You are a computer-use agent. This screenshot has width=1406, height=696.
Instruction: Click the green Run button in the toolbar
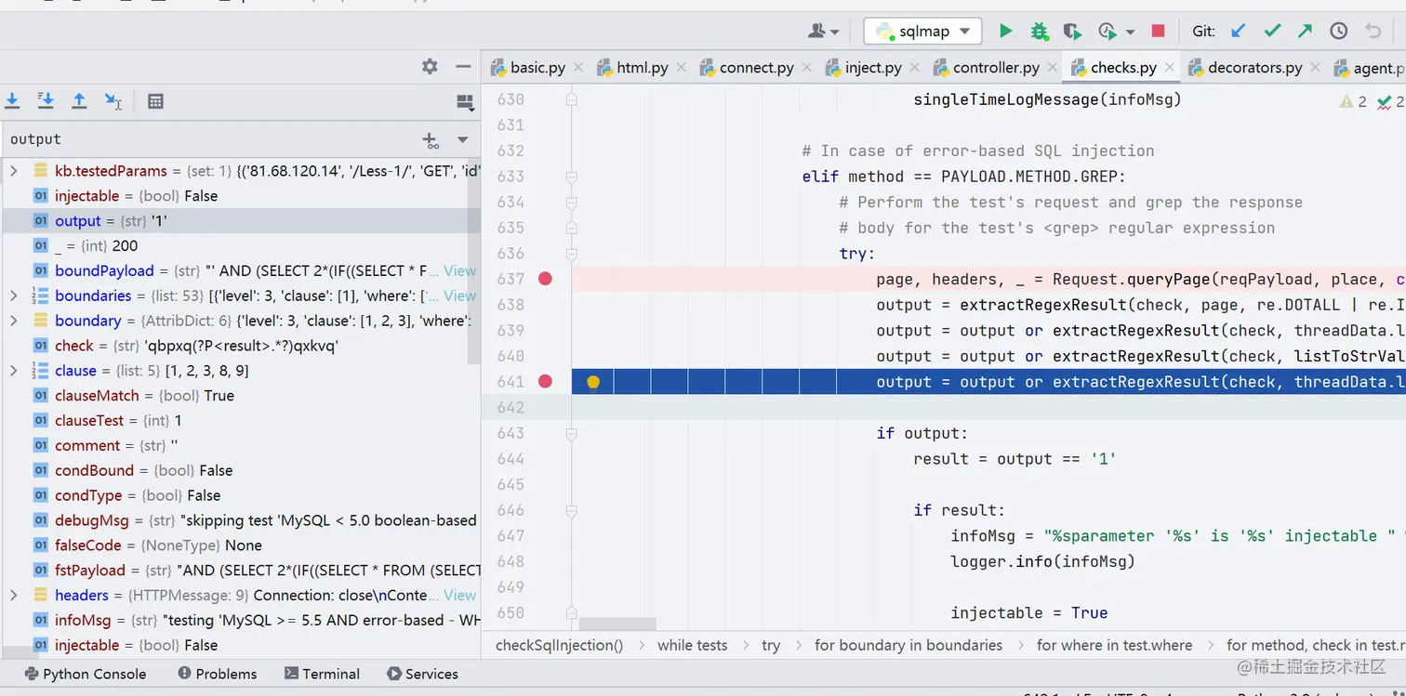point(1005,32)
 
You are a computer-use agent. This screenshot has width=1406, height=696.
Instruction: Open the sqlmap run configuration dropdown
point(922,32)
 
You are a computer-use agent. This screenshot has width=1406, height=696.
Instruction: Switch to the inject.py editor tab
point(872,68)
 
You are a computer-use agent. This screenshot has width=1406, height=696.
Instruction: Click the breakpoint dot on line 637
point(546,279)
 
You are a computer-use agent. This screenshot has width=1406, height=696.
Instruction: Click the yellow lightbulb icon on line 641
point(593,382)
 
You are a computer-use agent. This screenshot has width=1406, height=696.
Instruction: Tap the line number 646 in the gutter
point(510,510)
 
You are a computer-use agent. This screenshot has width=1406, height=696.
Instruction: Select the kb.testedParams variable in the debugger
point(111,171)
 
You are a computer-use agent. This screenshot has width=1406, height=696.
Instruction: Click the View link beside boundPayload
point(459,271)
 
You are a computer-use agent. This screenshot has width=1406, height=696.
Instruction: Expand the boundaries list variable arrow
point(13,296)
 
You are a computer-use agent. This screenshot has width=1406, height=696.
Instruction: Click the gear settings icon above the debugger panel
point(430,67)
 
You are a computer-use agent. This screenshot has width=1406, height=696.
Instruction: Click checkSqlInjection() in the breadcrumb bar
point(559,645)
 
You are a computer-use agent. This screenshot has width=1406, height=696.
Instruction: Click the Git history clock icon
point(1339,32)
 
